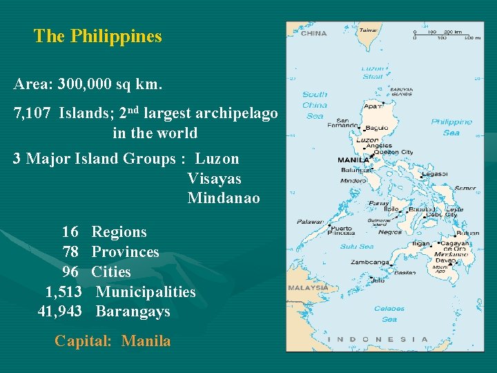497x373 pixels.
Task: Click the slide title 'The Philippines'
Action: click(x=97, y=37)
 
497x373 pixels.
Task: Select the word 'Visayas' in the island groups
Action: click(x=214, y=179)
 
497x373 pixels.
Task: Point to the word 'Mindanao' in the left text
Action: click(x=224, y=198)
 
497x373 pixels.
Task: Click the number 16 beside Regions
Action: click(x=70, y=232)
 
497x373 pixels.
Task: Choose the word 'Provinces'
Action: click(x=125, y=252)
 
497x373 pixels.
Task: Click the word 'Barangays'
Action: click(x=133, y=312)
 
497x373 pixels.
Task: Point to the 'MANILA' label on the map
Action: click(x=353, y=160)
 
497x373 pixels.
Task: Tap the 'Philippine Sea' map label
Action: click(x=451, y=127)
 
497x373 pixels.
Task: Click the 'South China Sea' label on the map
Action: click(x=315, y=105)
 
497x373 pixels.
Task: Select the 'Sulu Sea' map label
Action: click(x=356, y=247)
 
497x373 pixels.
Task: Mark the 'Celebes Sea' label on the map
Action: click(x=389, y=314)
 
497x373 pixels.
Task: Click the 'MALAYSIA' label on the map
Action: click(x=307, y=287)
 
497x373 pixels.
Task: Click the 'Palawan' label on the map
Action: click(x=310, y=222)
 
